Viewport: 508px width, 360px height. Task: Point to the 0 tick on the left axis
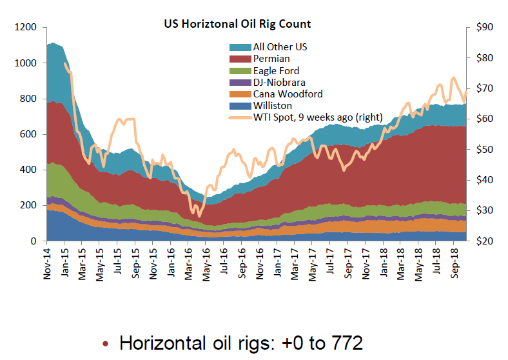37,241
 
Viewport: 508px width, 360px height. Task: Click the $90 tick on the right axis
483,28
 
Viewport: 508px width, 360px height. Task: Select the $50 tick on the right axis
483,150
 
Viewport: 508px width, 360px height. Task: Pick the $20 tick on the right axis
483,241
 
